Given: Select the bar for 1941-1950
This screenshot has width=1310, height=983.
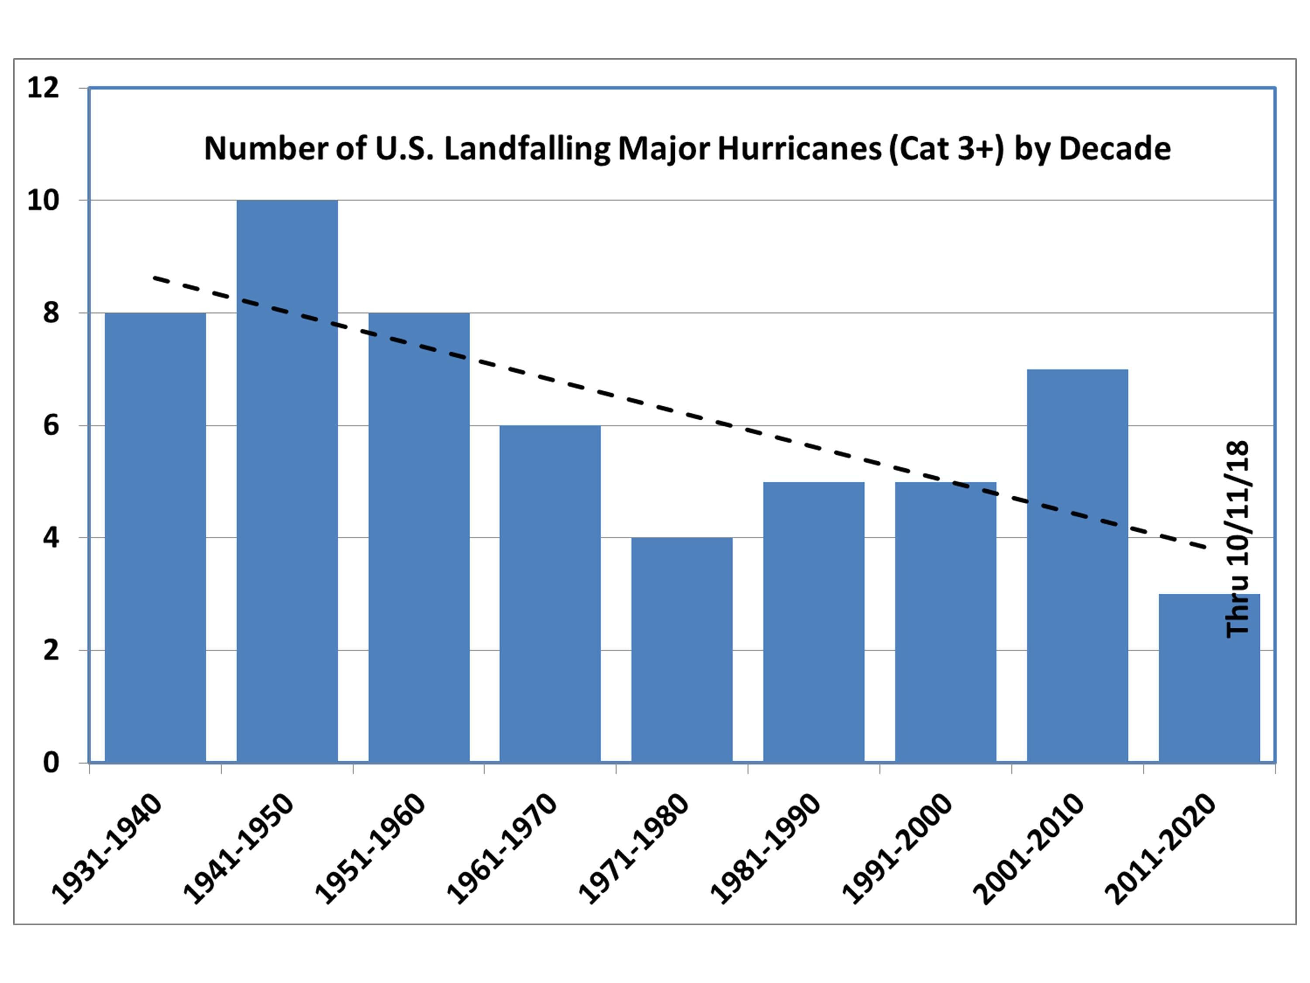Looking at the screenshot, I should click(287, 480).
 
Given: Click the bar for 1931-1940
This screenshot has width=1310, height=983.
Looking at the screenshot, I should click(155, 536).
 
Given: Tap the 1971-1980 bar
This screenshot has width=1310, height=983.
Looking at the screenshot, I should click(682, 649).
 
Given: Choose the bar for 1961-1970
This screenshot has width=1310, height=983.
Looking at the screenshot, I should click(550, 592).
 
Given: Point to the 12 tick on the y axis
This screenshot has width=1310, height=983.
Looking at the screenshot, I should click(43, 88).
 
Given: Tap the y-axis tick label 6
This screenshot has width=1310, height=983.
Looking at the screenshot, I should click(51, 426).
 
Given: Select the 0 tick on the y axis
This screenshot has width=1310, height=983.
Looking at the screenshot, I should click(51, 762).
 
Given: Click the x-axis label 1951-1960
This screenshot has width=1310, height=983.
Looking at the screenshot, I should click(370, 848).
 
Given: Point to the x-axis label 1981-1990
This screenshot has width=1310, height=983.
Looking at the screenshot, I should click(765, 848).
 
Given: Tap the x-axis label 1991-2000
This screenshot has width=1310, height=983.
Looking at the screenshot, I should click(896, 848).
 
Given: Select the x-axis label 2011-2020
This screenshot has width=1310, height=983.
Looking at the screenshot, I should click(1161, 848).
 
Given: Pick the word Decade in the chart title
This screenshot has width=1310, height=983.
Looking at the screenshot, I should click(1114, 148).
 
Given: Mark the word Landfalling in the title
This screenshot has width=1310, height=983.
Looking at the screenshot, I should click(527, 148).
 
